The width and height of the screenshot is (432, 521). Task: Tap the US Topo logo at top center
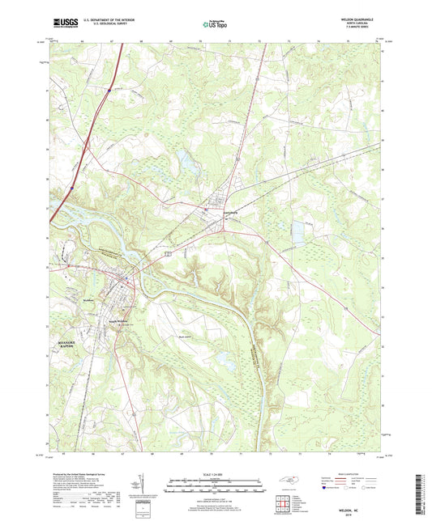tap(214, 25)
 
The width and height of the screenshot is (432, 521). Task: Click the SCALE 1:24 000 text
tap(216, 474)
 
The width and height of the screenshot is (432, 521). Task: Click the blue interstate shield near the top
tap(109, 91)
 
